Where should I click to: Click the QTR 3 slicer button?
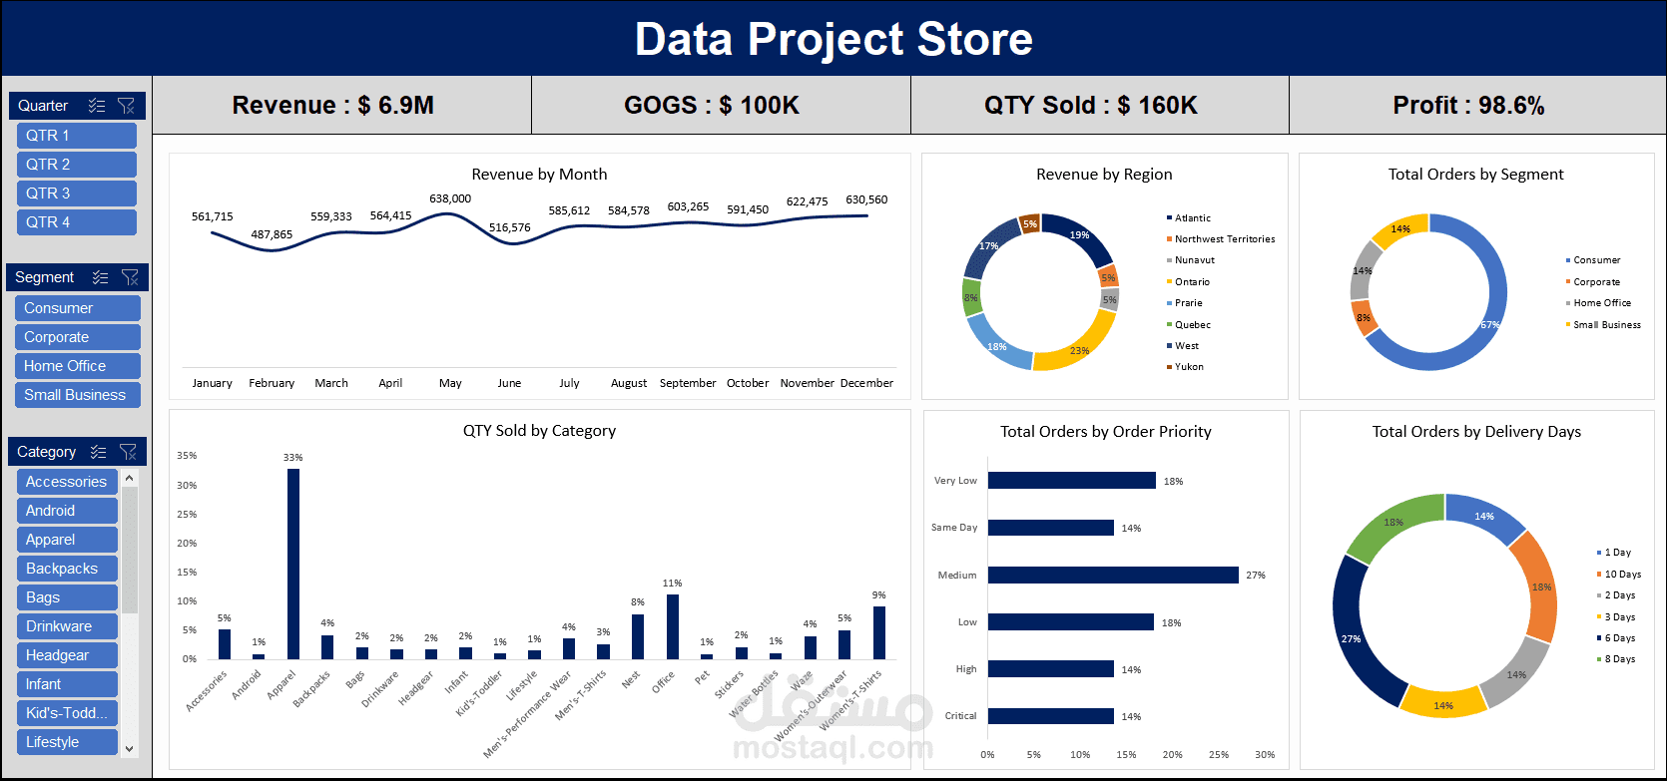coord(76,194)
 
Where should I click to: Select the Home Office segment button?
coord(77,366)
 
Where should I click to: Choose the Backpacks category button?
coord(67,569)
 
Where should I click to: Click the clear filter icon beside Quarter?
coord(127,106)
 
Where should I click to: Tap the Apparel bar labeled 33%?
coord(293,564)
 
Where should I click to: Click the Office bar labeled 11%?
coord(673,626)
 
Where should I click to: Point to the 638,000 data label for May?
coord(450,198)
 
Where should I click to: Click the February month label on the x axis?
coord(272,383)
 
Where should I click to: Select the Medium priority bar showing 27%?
coord(1112,576)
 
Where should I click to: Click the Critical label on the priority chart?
coord(960,716)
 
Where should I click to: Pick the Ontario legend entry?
coord(1192,282)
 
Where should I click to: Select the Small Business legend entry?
coord(1606,325)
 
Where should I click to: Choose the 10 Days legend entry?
coord(1622,575)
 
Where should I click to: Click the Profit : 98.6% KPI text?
coord(1468,106)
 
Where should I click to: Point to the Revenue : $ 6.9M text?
coord(332,106)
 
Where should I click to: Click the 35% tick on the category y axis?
coord(187,456)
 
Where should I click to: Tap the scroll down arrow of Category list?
coord(129,747)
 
